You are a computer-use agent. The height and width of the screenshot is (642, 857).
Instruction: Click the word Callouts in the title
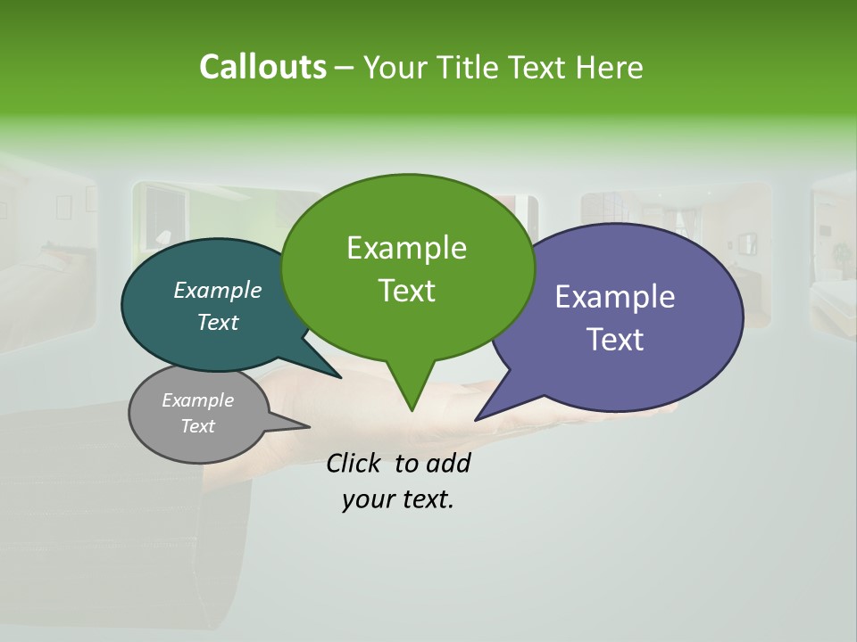pos(262,67)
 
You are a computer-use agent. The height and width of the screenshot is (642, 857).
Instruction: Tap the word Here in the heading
pos(610,67)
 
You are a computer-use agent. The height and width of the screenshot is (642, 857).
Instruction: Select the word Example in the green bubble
pos(406,248)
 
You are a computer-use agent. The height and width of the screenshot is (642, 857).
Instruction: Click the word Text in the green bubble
pos(406,290)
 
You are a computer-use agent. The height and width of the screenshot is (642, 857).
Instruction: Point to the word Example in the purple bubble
pos(615,297)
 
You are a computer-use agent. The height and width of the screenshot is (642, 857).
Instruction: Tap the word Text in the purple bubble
pos(615,339)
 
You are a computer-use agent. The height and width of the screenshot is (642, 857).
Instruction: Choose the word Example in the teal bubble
pos(218,290)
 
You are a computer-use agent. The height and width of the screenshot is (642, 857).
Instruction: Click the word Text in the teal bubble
pos(218,322)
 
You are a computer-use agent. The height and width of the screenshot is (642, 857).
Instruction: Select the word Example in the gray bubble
pos(197,400)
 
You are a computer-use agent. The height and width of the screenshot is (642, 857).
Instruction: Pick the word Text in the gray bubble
pos(197,426)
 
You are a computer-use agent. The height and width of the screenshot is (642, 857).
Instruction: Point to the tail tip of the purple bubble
pos(478,417)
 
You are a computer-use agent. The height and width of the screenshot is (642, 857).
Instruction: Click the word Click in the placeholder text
pos(355,463)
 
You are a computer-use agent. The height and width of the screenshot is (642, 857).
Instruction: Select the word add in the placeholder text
pos(448,463)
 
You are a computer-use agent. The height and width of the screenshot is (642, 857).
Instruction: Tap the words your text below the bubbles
pos(398,498)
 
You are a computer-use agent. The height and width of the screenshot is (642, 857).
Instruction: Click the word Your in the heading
pos(396,67)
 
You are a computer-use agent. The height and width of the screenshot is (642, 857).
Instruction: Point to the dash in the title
pos(345,68)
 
